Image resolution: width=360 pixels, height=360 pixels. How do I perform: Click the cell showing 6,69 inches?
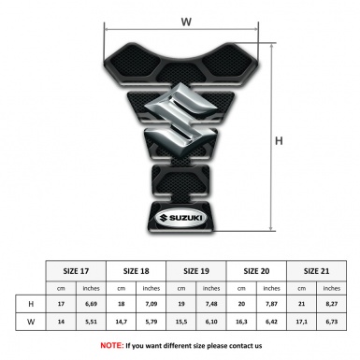92,304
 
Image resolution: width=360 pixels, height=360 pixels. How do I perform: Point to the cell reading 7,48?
212,304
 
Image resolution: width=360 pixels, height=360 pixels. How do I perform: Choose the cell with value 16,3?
242,323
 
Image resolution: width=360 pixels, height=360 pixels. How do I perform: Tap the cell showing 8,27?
332,304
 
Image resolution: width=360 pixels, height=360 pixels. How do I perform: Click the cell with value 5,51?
92,323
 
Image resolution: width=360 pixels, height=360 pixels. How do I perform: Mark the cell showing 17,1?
302,323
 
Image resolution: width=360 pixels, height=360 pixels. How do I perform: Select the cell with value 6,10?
212,323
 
